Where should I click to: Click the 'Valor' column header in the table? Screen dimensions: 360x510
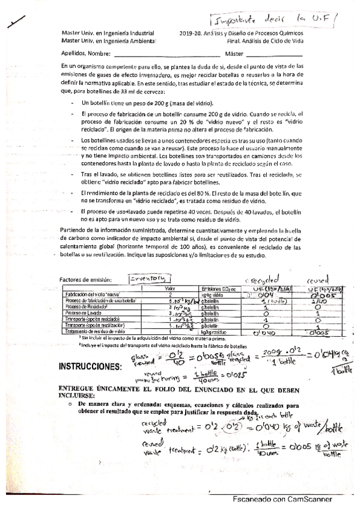[161, 289]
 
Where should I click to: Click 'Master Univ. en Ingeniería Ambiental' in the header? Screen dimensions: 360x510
[108, 41]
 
